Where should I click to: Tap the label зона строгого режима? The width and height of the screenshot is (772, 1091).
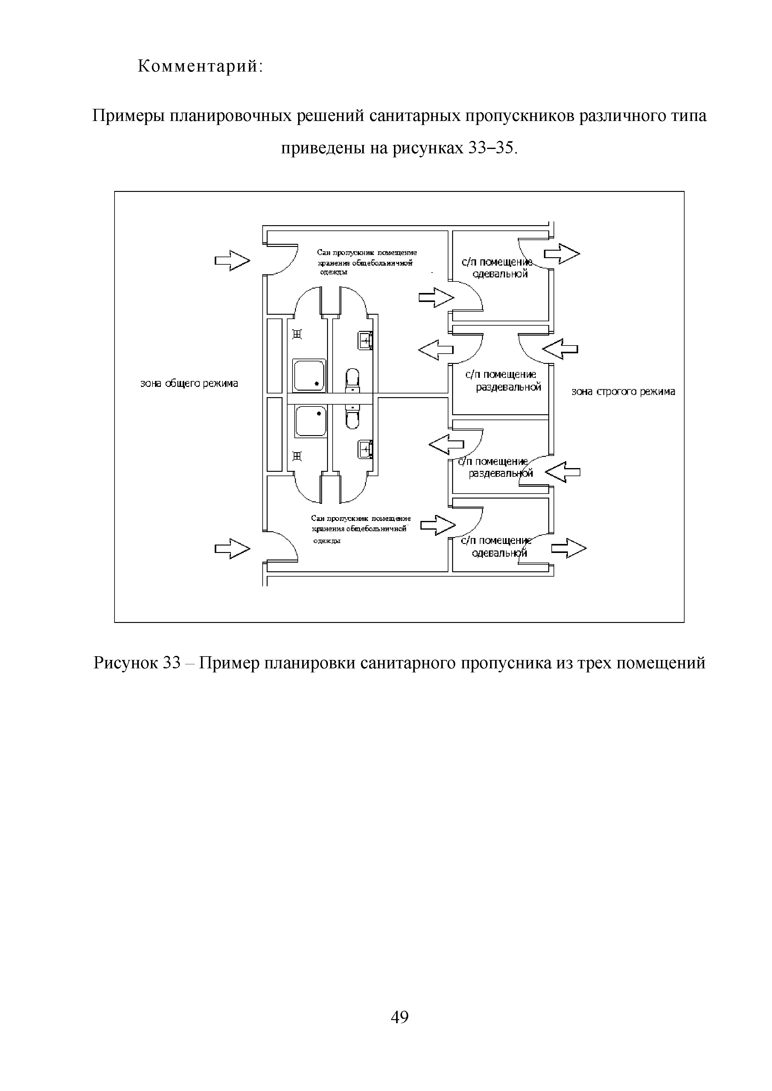(x=623, y=392)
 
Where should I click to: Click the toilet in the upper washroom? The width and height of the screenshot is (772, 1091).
(x=352, y=379)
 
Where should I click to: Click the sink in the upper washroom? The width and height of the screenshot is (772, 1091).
(x=365, y=341)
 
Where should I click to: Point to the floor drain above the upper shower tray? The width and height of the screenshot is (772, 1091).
(x=297, y=335)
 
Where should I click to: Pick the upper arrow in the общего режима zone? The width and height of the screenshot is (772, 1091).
(x=232, y=260)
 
